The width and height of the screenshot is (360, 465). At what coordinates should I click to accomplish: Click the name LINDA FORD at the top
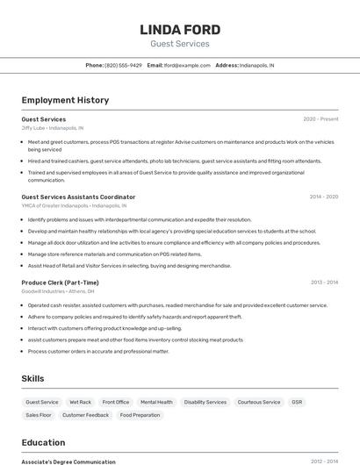tap(180, 30)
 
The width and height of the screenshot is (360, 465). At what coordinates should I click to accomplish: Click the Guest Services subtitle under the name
tap(180, 44)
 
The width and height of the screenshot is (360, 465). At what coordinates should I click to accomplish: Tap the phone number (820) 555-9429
tap(123, 65)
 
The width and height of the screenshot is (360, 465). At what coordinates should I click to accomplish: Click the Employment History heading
tap(65, 100)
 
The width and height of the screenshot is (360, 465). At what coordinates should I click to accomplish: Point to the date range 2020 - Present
tap(320, 119)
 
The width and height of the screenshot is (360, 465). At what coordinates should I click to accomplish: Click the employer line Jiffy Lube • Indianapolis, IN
tap(53, 128)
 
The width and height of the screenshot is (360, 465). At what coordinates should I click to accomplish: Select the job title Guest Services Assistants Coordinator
tap(78, 197)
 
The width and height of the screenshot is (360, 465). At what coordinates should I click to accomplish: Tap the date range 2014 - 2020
tap(324, 197)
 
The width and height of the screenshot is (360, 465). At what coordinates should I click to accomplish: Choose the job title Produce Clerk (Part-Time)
tap(60, 283)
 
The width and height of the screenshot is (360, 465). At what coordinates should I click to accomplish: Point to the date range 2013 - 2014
tap(324, 283)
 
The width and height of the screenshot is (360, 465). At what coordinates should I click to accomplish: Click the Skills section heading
tap(33, 378)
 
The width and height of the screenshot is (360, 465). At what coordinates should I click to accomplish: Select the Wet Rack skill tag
tap(80, 402)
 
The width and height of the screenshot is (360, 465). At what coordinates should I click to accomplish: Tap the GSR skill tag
tap(297, 402)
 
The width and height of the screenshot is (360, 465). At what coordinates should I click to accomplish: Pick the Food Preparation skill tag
tap(140, 415)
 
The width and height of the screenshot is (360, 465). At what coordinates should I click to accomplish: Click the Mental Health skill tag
tap(156, 402)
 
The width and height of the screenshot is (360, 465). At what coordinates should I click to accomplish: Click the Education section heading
tap(44, 442)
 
